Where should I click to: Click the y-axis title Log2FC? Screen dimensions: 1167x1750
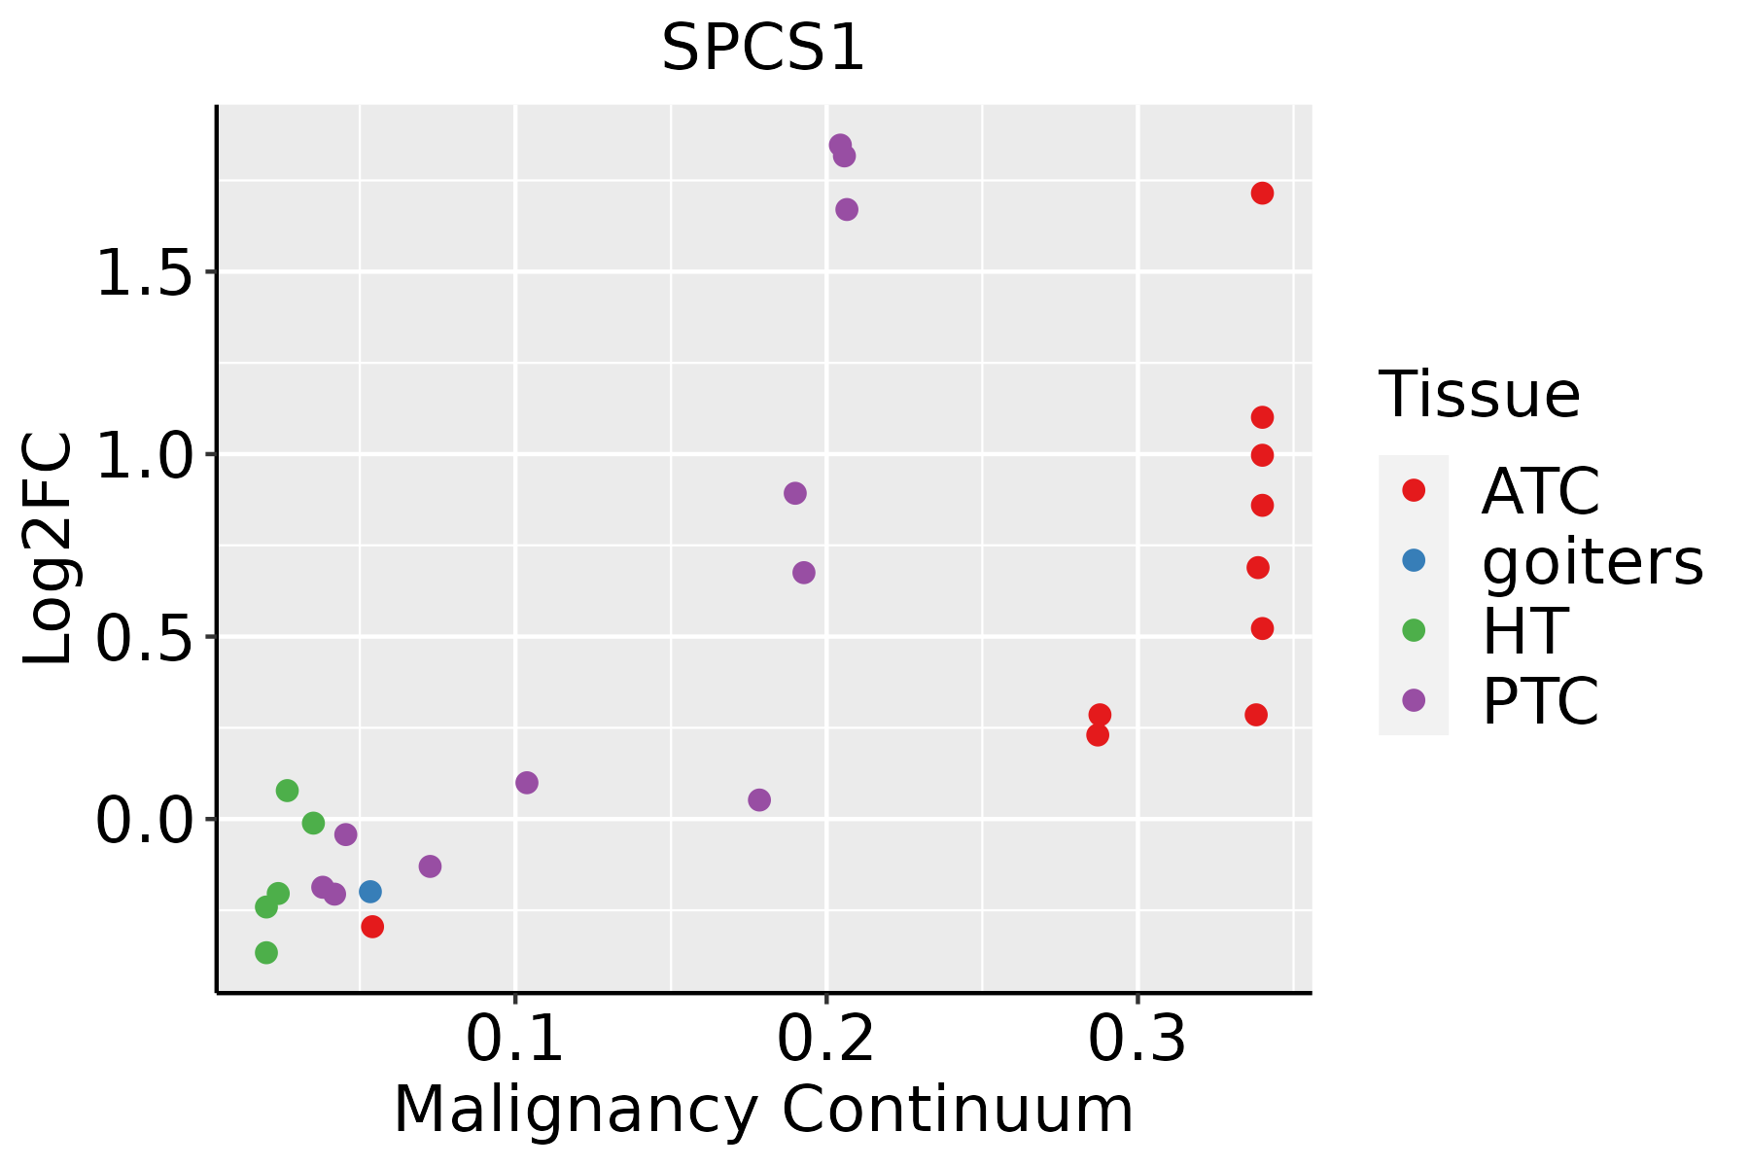coord(49,549)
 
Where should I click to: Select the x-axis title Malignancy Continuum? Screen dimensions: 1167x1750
coord(763,1111)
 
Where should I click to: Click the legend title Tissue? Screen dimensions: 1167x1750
coord(1480,395)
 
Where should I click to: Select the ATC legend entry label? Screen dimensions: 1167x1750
coord(1540,491)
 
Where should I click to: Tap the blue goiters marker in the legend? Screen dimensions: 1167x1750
coord(1414,560)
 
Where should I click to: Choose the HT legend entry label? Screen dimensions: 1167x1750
coord(1524,631)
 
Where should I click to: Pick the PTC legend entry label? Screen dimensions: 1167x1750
coord(1540,701)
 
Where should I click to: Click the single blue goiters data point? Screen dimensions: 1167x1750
coord(370,892)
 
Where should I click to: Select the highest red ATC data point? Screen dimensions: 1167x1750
coord(1262,194)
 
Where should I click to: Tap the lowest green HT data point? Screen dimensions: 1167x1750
coord(266,952)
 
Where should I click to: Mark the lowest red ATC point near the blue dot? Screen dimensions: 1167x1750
coord(372,927)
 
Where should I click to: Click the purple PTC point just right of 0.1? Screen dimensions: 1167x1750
coord(527,783)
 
